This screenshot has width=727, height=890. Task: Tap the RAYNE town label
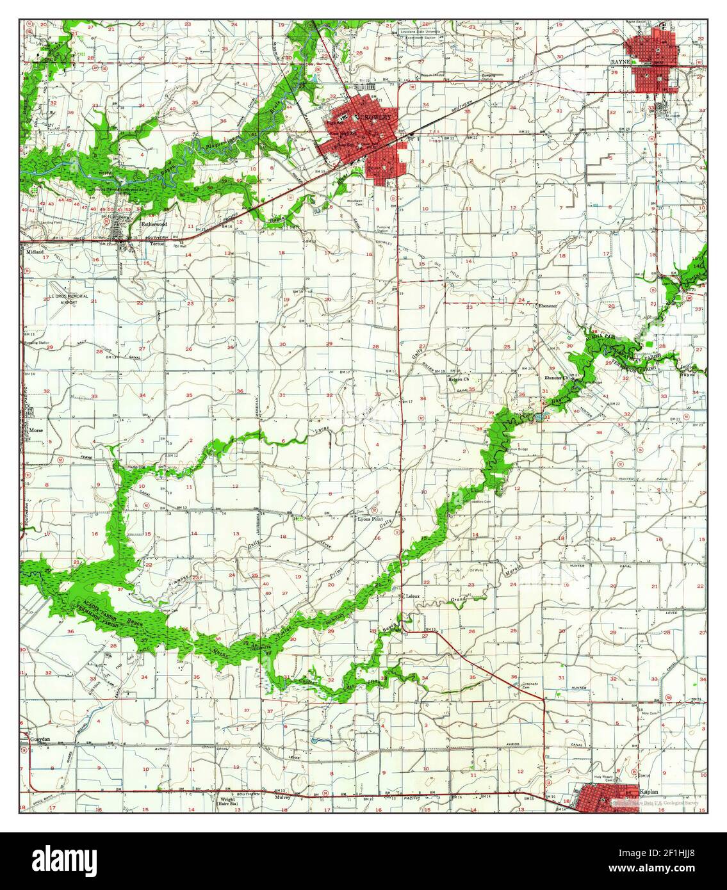coord(620,61)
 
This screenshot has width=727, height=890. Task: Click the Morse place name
coord(35,431)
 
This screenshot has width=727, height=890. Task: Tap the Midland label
coord(34,252)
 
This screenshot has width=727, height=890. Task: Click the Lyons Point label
coord(372,520)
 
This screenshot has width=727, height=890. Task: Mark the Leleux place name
coord(413,596)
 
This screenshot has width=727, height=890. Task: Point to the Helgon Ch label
coord(459,379)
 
